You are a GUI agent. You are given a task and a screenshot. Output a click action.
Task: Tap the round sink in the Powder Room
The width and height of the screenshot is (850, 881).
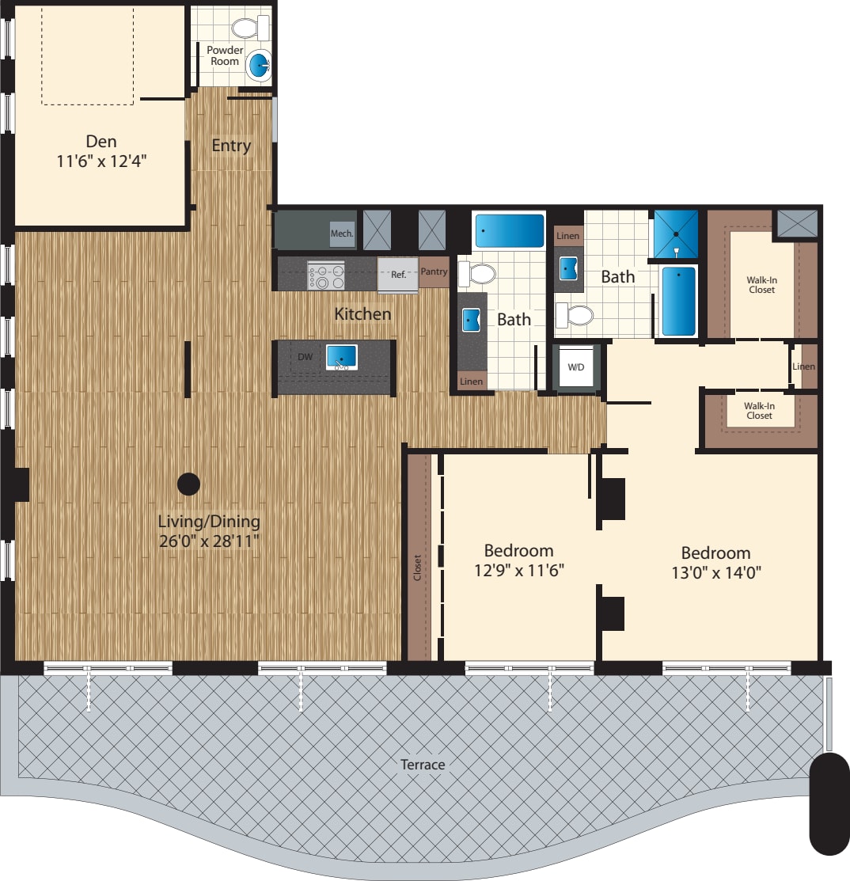259,66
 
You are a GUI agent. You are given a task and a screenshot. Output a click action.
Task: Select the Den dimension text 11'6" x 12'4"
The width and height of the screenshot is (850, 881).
101,161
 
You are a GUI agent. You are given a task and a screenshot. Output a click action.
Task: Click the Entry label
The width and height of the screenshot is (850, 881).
231,146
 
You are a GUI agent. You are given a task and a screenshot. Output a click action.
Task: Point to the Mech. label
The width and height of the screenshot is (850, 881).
342,234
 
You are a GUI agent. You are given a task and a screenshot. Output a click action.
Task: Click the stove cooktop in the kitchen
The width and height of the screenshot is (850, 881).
326,275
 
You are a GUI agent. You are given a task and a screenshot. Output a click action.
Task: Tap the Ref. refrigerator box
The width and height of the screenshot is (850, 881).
398,275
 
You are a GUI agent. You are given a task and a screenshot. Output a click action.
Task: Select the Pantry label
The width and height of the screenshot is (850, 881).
434,272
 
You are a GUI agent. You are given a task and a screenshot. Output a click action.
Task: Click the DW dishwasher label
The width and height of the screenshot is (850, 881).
305,357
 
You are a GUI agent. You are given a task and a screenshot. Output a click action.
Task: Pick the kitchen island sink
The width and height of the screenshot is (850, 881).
342,357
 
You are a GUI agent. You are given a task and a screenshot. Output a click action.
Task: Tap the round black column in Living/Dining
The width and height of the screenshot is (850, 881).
188,483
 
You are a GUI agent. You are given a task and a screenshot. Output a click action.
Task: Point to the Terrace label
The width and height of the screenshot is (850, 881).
423,765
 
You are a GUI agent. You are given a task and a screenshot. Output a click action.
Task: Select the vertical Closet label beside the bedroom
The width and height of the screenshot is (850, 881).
418,568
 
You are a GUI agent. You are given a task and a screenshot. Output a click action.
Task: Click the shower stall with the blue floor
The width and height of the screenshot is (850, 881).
676,234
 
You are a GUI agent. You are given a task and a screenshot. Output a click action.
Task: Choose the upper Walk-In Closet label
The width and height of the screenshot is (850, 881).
761,284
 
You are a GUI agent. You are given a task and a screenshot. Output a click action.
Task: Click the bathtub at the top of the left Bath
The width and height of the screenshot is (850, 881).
510,231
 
